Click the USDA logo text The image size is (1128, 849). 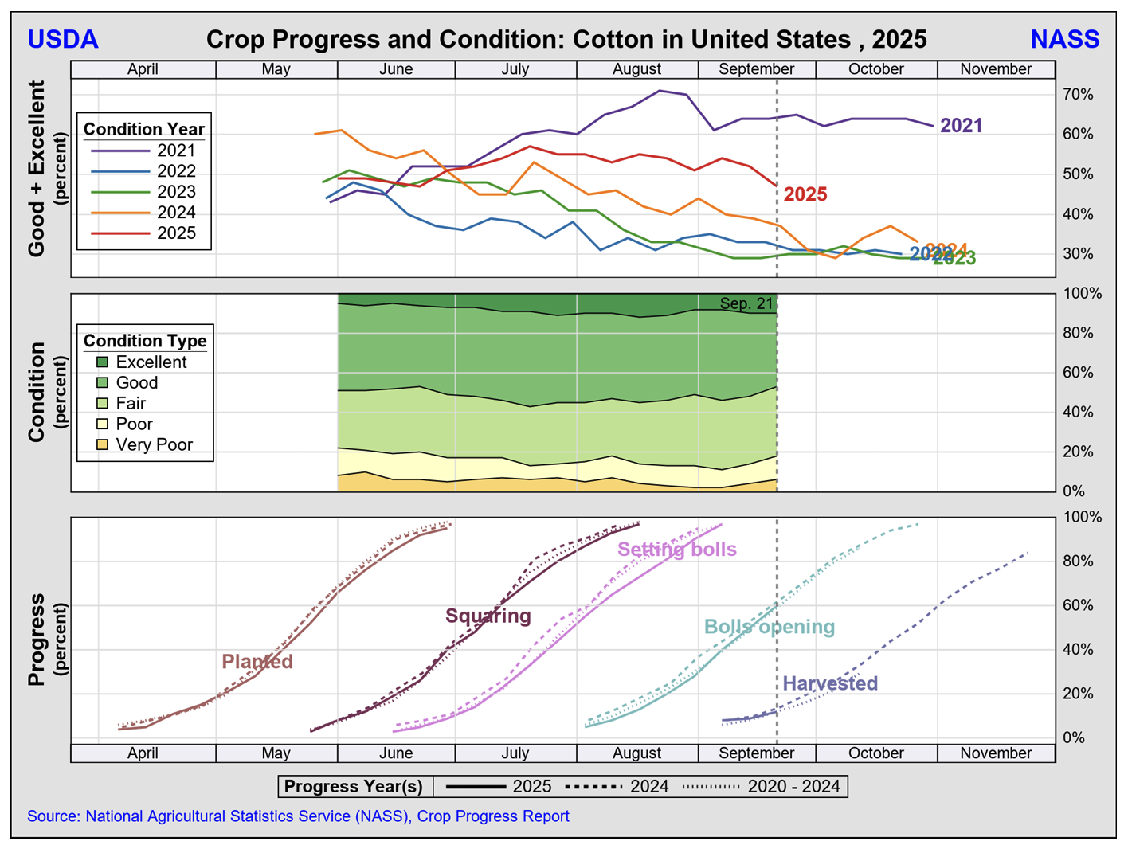pos(63,39)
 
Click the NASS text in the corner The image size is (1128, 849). pos(1064,39)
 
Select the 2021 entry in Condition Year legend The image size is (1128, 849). pos(175,151)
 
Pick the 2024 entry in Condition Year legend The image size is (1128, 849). pos(175,213)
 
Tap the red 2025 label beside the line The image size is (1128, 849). pos(805,194)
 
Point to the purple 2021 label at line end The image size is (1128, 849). pos(961,126)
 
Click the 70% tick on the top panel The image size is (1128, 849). pos(1077,95)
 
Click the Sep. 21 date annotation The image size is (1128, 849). pos(746,303)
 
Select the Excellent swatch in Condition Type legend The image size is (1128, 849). pos(103,362)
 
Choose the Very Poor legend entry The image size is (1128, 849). pos(154,445)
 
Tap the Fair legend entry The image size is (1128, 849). pos(131,404)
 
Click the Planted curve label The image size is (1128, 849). pos(257,662)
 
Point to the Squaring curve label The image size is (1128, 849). pos(488,616)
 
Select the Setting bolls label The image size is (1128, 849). pos(676,550)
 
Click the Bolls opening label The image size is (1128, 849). pos(769,627)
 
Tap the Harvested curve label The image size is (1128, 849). pos(830,683)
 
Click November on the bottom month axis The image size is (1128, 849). pos(995,753)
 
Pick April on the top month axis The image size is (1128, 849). pos(143,69)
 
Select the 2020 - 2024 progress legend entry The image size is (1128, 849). pos(793,787)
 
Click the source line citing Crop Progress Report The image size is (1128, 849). pos(298,816)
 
